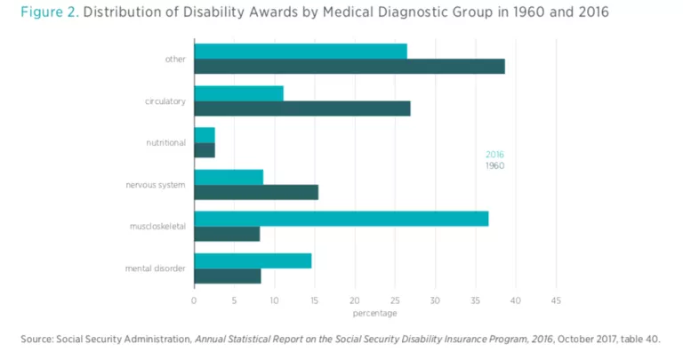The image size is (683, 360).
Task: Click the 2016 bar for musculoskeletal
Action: pos(341,219)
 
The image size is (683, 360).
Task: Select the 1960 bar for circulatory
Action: pos(301,108)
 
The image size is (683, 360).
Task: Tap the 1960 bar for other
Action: pos(349,67)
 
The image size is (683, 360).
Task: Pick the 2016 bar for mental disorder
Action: pos(253,260)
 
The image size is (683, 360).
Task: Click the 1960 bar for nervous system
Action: pos(255,192)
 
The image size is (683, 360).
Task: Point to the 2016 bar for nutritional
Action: pos(205,135)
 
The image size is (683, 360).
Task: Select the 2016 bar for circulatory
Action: pos(238,93)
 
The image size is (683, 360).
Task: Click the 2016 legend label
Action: pos(494,155)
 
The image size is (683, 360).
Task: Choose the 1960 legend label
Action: pos(494,165)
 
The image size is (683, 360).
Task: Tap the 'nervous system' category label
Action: pos(156,185)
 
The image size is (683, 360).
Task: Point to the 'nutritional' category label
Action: pos(165,142)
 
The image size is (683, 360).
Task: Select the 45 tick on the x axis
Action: pos(556,300)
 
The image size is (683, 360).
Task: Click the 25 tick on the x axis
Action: pos(395,300)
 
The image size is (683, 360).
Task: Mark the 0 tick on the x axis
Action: pos(194,300)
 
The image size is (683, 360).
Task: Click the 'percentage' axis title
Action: pos(374,313)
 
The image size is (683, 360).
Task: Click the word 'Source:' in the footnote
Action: pos(36,339)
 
